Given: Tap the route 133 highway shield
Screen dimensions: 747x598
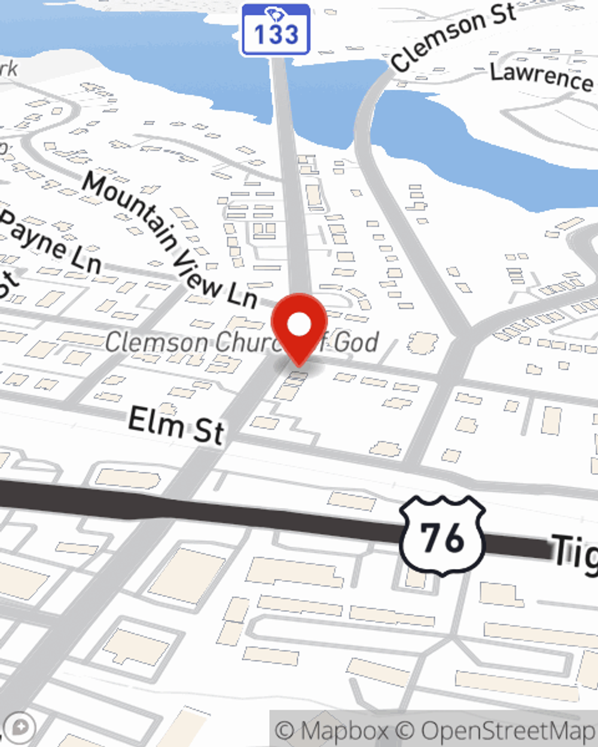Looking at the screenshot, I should [276, 30].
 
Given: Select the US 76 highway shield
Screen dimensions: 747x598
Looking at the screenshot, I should [442, 535].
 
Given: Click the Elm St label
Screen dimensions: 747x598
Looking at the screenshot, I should [176, 425].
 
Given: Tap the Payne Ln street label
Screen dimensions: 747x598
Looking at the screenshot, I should [51, 242].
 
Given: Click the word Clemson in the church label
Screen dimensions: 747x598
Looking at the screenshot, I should [157, 342].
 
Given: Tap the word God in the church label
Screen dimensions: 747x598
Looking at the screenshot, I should [356, 342].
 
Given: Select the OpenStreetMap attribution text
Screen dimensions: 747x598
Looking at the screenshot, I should [508, 730].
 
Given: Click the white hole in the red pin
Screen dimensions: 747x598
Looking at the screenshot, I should [299, 324].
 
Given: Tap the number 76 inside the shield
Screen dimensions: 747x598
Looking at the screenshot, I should [442, 537].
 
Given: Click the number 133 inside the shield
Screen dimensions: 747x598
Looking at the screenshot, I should [276, 35].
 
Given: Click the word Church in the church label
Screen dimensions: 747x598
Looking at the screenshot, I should [245, 342].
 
